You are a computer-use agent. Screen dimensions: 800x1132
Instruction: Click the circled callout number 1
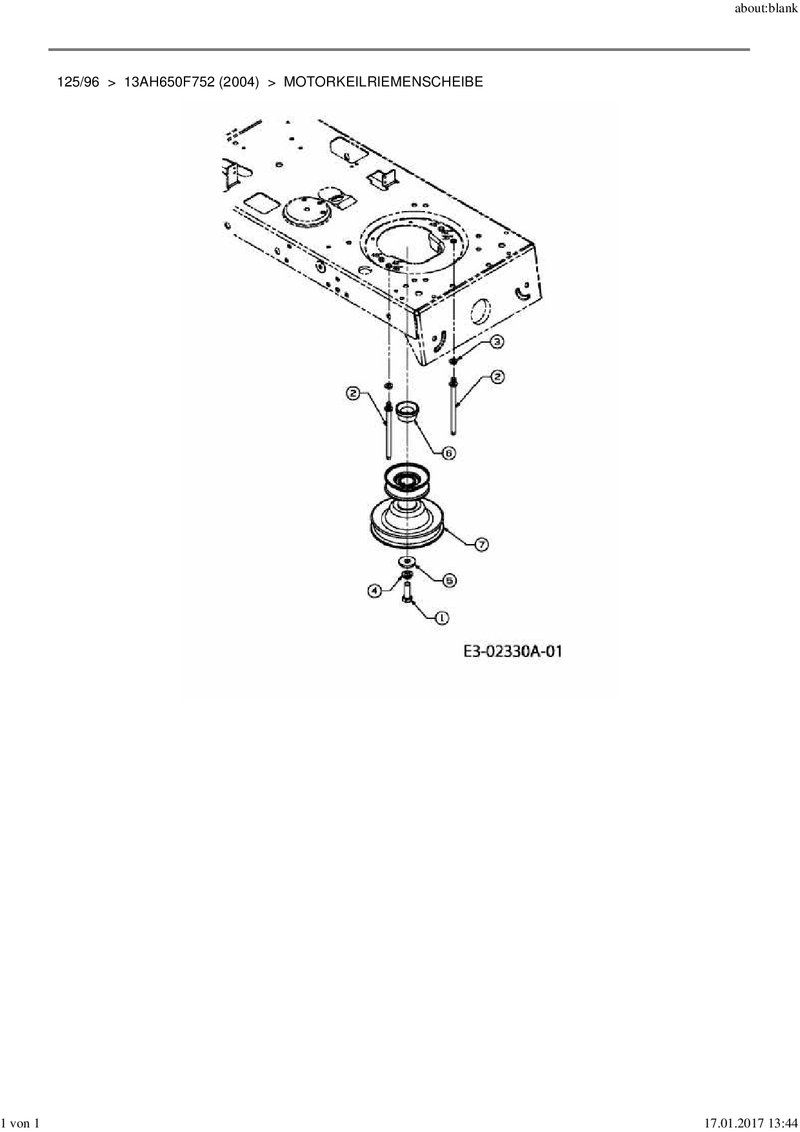pyautogui.click(x=442, y=618)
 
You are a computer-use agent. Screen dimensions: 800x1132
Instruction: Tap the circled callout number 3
pyautogui.click(x=496, y=341)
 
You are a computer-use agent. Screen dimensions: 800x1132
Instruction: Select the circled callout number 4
pyautogui.click(x=374, y=589)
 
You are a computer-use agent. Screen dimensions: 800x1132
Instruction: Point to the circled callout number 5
pyautogui.click(x=449, y=580)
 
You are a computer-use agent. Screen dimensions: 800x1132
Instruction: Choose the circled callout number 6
pyautogui.click(x=449, y=453)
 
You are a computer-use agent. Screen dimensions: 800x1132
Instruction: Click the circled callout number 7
pyautogui.click(x=481, y=545)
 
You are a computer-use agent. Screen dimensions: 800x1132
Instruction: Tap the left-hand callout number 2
pyautogui.click(x=353, y=393)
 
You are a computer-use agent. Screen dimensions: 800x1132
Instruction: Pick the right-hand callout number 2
pyautogui.click(x=497, y=376)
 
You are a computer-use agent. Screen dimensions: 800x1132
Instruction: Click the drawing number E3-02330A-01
pyautogui.click(x=512, y=651)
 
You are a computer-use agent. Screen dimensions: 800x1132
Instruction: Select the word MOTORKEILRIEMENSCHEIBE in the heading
pyautogui.click(x=383, y=82)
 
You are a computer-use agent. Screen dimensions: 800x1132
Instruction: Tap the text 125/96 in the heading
pyautogui.click(x=78, y=82)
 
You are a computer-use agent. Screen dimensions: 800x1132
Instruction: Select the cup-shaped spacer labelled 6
pyautogui.click(x=407, y=411)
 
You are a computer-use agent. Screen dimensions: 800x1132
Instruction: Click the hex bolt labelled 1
pyautogui.click(x=407, y=592)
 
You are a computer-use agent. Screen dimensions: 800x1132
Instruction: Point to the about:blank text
pyautogui.click(x=766, y=11)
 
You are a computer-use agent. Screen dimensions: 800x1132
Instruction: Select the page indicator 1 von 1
pyautogui.click(x=22, y=1124)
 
